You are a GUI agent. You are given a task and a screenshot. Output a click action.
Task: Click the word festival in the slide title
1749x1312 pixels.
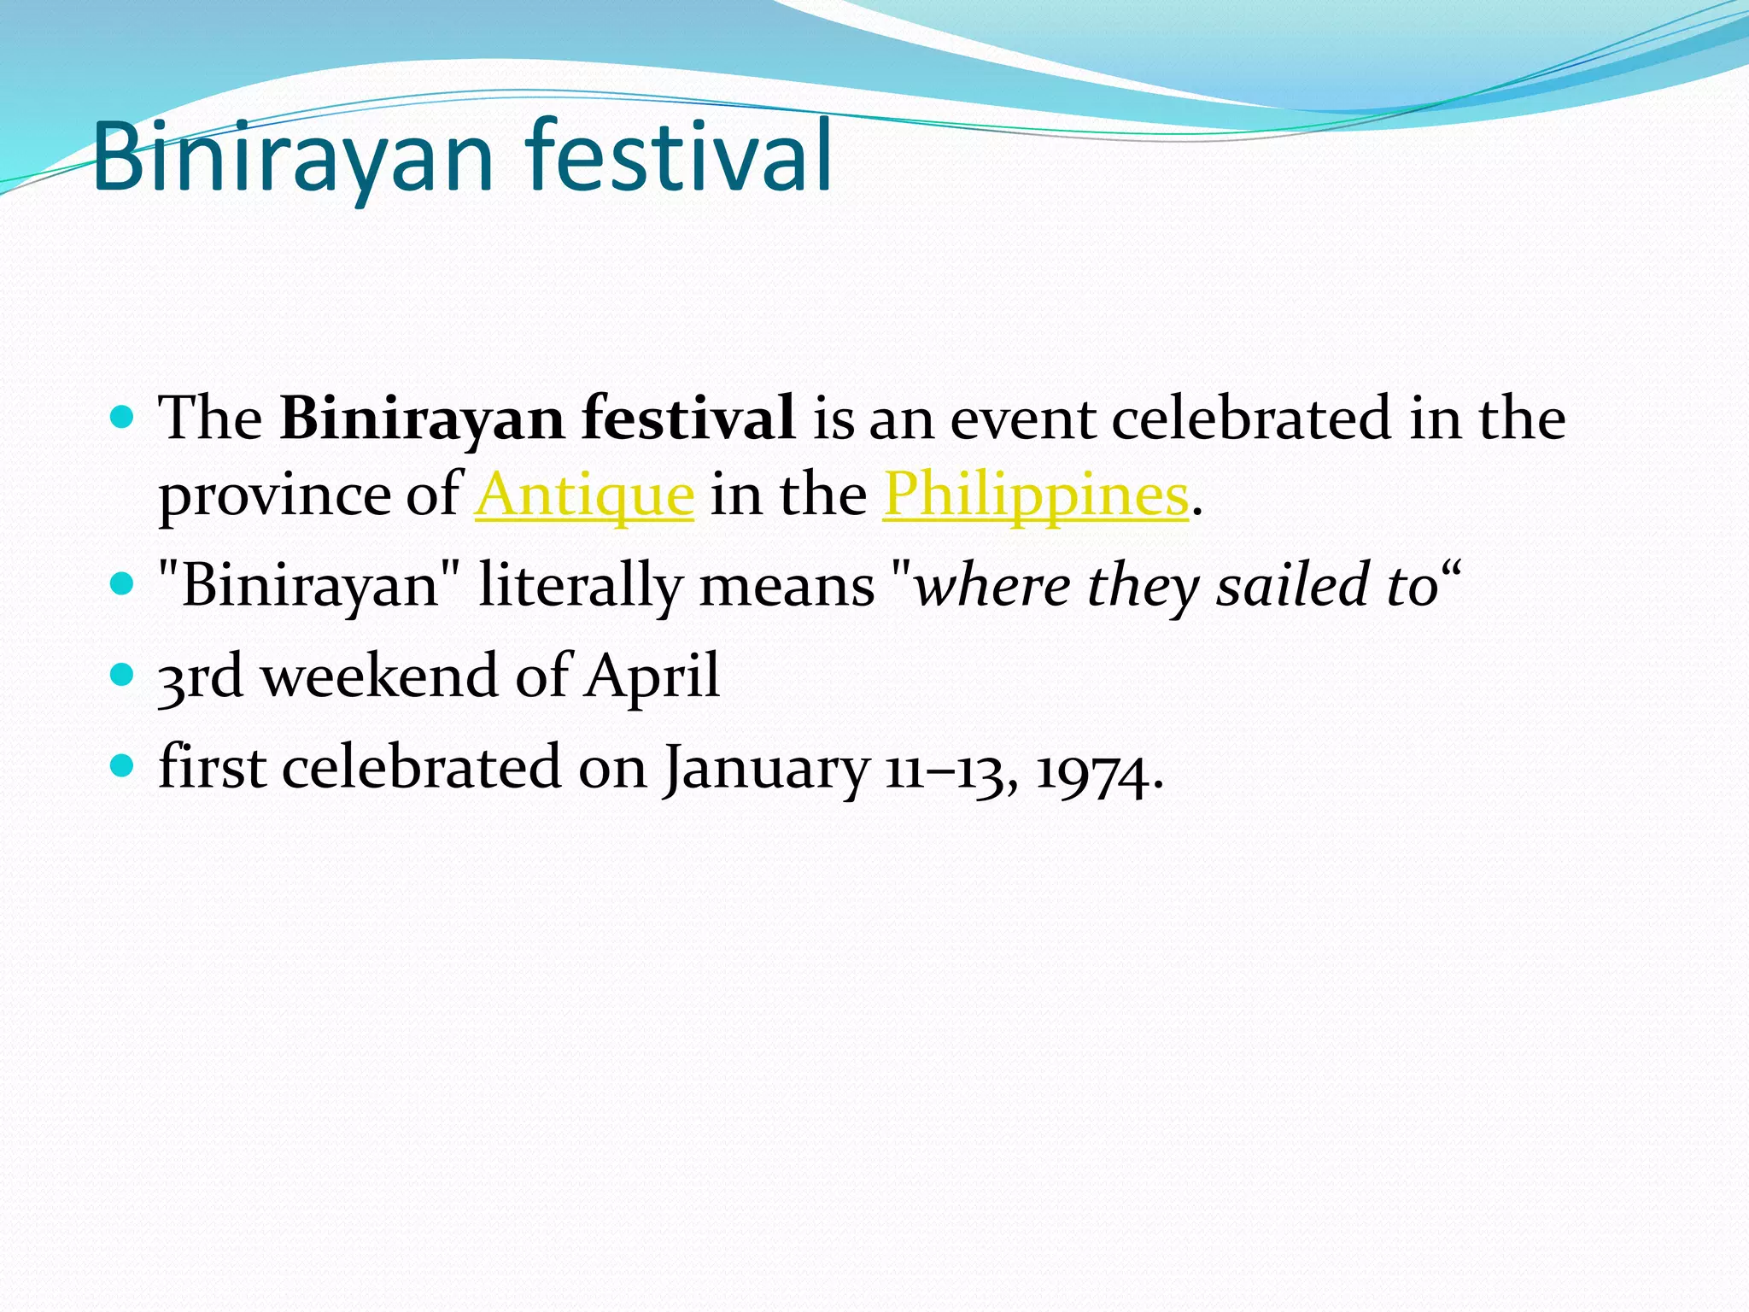tap(678, 156)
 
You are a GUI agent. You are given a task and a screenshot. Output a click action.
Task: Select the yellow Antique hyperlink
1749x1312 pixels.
tap(584, 495)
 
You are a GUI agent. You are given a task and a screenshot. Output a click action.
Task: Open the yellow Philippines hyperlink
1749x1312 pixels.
tap(1035, 495)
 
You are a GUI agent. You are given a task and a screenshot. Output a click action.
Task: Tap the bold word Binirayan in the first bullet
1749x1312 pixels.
tap(422, 419)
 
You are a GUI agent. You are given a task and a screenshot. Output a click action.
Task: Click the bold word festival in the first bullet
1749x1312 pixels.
tap(688, 419)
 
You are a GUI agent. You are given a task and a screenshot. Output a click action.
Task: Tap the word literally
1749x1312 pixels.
tap(581, 586)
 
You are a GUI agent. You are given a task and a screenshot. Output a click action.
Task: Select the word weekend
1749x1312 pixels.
tap(378, 676)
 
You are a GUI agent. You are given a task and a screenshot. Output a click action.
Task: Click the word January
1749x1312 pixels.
tap(767, 768)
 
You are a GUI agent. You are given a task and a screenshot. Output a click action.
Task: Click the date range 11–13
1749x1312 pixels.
tap(949, 768)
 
